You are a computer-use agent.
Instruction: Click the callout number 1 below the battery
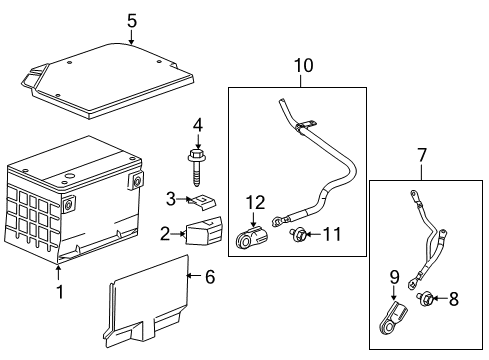pos(59,292)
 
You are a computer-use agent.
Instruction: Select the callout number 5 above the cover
pos(131,19)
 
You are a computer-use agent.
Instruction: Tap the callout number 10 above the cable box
pos(302,67)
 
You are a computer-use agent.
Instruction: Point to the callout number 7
pos(422,155)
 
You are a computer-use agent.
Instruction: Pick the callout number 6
pos(208,277)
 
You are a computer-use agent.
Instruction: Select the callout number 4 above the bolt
pos(197,125)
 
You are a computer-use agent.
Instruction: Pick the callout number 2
pos(165,234)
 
